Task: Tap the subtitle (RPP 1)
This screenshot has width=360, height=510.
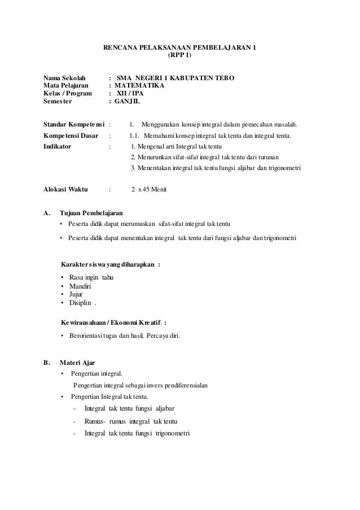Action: pyautogui.click(x=180, y=56)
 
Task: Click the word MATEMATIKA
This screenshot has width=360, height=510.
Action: pyautogui.click(x=139, y=86)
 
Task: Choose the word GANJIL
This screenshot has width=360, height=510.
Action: pyautogui.click(x=129, y=102)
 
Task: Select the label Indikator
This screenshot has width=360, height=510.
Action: pyautogui.click(x=58, y=146)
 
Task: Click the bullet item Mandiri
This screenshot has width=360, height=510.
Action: pyautogui.click(x=80, y=286)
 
